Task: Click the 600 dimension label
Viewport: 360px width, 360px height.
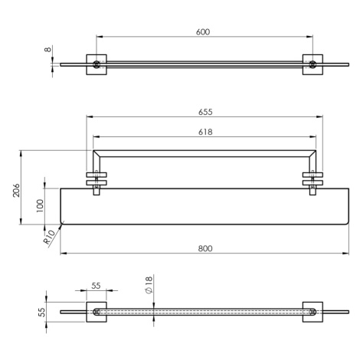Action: click(x=203, y=32)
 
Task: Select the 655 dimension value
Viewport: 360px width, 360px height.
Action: click(x=205, y=112)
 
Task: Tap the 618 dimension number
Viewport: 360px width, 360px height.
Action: click(x=205, y=132)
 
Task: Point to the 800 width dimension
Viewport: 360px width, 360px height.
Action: click(x=205, y=248)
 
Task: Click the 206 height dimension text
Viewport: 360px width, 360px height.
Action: click(x=16, y=190)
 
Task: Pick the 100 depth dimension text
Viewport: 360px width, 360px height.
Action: click(x=41, y=206)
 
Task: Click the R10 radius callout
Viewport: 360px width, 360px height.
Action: click(x=49, y=237)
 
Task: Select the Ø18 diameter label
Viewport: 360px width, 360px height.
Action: click(x=149, y=285)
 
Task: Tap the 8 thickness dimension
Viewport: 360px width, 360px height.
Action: click(x=48, y=49)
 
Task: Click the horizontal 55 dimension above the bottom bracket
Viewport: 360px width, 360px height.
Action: click(x=96, y=286)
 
